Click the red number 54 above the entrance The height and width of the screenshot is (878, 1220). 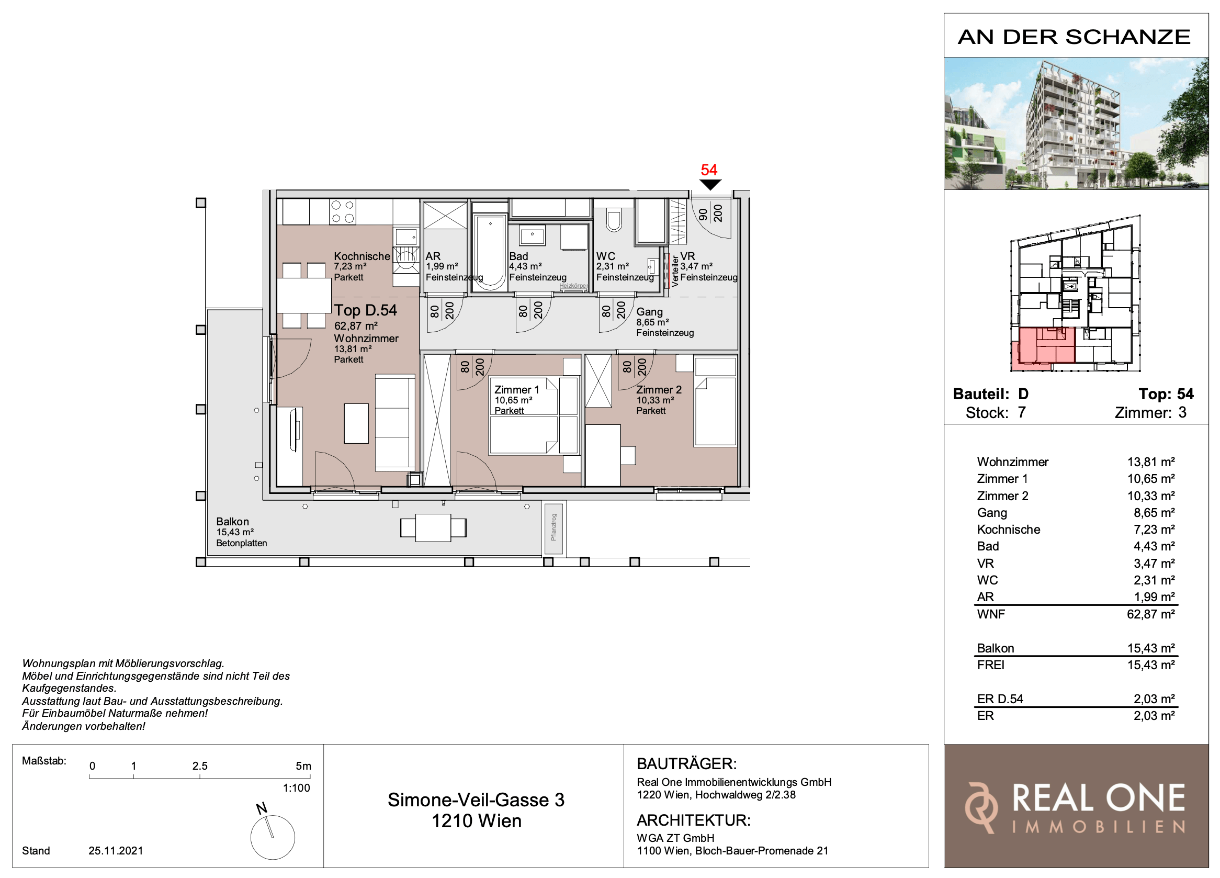[708, 170]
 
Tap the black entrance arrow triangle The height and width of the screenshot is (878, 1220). [710, 185]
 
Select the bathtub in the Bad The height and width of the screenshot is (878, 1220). [490, 252]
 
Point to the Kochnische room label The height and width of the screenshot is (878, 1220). [362, 256]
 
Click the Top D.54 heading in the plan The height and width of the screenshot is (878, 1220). [365, 310]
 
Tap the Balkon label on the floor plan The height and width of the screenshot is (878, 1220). [232, 522]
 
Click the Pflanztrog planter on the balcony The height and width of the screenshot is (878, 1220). [553, 528]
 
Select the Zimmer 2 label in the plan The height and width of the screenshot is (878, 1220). [659, 390]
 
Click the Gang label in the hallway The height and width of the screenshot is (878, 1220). [649, 312]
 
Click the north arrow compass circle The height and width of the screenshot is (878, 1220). [272, 837]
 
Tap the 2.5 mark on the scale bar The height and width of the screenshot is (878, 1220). [199, 766]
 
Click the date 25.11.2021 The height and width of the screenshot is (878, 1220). [116, 851]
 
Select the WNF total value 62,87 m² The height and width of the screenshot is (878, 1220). [1150, 614]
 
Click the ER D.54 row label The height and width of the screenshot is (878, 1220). [999, 700]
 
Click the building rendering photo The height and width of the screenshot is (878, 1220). [1076, 123]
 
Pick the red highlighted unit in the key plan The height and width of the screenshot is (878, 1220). [1043, 347]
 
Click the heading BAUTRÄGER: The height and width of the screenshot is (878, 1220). [686, 764]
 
